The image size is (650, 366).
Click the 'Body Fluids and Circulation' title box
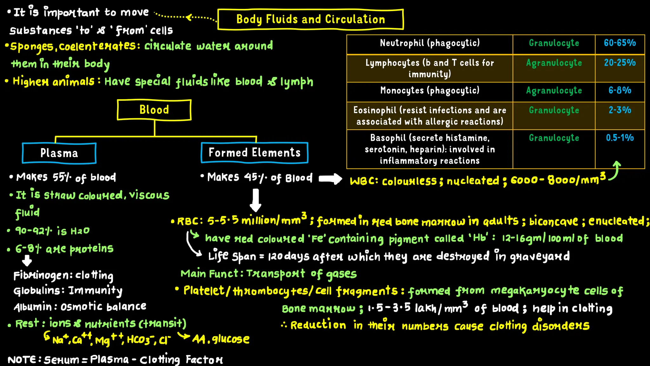point(310,19)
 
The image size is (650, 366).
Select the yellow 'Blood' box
point(154,110)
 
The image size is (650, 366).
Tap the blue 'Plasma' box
point(59,153)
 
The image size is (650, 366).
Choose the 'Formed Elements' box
point(255,153)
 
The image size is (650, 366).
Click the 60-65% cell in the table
point(620,43)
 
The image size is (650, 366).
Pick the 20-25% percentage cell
point(620,63)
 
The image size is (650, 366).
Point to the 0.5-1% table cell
point(620,138)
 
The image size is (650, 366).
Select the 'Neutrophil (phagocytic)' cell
point(430,43)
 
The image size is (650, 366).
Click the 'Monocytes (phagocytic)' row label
point(430,91)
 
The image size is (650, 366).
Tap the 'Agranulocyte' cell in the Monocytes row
point(554,91)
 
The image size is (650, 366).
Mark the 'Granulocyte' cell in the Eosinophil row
point(554,111)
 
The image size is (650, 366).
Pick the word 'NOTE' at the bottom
point(22,360)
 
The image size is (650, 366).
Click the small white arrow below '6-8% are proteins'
point(27,261)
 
